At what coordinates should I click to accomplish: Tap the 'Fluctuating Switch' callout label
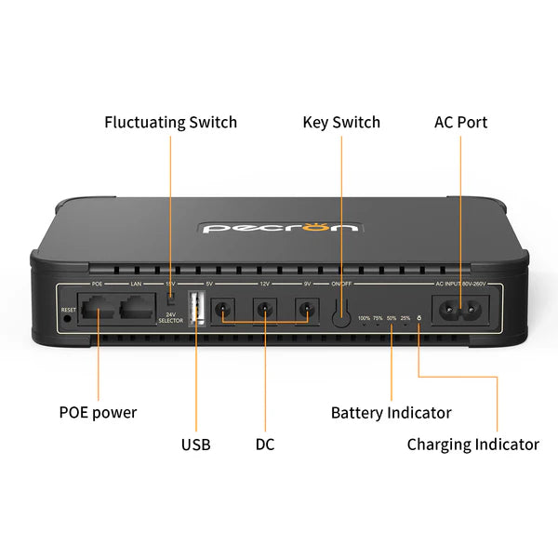pos(170,123)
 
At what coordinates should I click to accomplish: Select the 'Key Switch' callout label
pos(341,123)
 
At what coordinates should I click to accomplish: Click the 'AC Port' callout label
pos(460,123)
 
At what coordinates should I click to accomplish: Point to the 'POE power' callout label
pos(98,412)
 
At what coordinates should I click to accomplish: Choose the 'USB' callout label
pos(195,445)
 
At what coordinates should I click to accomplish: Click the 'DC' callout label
pos(265,445)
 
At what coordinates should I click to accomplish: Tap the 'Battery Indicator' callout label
pos(391,412)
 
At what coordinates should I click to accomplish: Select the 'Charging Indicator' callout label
pos(472,445)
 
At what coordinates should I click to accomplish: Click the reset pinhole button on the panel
pos(67,318)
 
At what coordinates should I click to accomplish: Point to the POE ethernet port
pos(98,307)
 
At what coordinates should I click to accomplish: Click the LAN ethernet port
pos(136,307)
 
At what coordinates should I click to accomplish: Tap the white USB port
pos(196,308)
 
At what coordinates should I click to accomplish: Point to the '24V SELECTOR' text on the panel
pos(171,318)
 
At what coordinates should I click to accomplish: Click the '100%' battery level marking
pos(364,318)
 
